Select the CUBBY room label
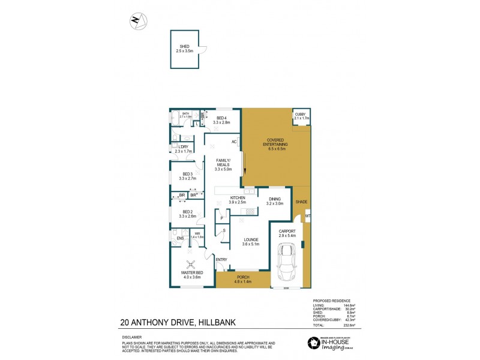click(301, 114)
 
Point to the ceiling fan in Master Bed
click(191, 264)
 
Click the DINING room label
click(275, 200)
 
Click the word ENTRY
click(221, 259)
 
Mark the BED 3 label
click(188, 174)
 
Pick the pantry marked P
click(222, 218)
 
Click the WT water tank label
click(307, 216)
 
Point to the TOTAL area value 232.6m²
click(350, 325)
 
